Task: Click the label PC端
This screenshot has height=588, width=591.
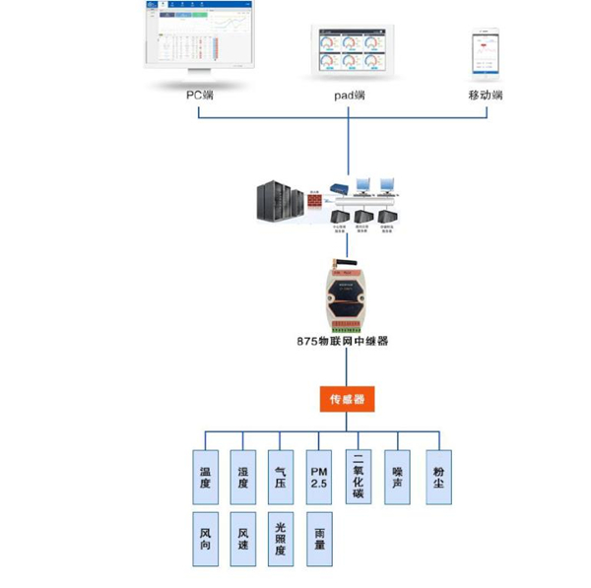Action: [201, 96]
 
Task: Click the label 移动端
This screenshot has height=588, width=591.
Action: [486, 96]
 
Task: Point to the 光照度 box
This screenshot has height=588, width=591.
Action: [282, 538]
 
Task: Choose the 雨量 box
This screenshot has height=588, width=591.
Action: [319, 538]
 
